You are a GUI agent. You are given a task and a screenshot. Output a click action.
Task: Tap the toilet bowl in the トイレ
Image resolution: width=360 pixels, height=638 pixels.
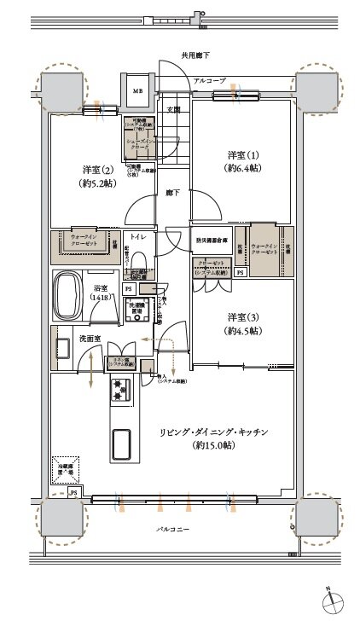[141, 257]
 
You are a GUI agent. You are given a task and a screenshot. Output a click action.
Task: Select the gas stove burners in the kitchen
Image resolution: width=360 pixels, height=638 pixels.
[117, 391]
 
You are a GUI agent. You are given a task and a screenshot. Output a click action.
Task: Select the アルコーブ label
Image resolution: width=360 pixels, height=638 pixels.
[209, 79]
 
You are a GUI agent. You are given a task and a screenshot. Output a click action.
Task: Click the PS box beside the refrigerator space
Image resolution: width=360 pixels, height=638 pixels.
[74, 493]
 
